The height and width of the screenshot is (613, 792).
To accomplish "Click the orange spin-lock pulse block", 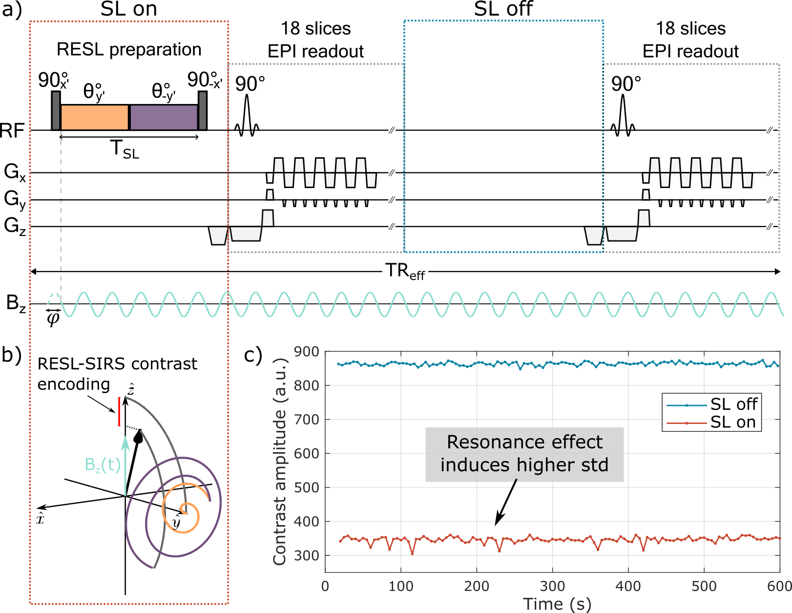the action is [x=94, y=117].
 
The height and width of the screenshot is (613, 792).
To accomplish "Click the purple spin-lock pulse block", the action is [x=164, y=117].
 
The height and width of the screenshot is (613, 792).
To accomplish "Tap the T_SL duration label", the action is [x=125, y=149].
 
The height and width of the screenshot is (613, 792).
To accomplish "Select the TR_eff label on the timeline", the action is [x=405, y=272].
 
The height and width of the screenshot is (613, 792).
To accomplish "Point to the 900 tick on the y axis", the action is [x=306, y=352].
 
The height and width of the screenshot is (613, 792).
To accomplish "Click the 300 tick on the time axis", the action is [x=552, y=586].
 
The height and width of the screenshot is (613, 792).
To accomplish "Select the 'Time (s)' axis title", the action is [x=557, y=604].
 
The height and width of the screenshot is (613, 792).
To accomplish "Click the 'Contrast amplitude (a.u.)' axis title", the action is [x=280, y=462].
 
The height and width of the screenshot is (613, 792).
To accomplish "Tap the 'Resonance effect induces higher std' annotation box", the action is [x=524, y=454].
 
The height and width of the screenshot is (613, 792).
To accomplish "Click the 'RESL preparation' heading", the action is [x=129, y=50].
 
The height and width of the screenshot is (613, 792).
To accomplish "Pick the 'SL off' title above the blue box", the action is [x=503, y=9].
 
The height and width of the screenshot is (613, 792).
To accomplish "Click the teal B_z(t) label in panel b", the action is [x=103, y=465].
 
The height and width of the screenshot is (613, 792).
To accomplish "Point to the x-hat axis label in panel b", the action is [x=40, y=518].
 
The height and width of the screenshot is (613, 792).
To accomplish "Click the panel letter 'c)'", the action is [x=253, y=355].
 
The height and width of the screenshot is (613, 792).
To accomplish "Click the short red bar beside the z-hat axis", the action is [x=119, y=411].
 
